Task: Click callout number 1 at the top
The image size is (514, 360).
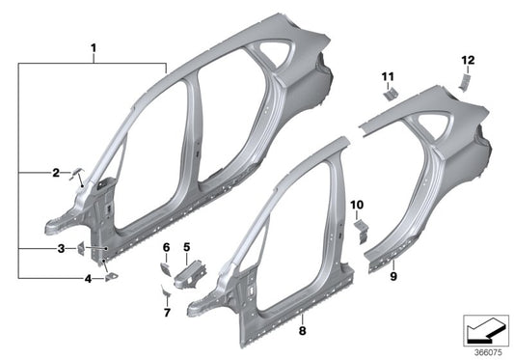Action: (94, 46)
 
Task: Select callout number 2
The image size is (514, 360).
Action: (56, 173)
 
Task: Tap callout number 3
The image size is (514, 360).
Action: (60, 249)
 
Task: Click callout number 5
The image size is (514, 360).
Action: (187, 247)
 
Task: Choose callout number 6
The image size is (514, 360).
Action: (165, 247)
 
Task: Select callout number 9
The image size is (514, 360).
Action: (392, 277)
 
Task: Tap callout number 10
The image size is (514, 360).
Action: (355, 205)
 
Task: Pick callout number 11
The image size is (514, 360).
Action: (388, 74)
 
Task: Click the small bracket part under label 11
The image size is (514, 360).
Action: (392, 93)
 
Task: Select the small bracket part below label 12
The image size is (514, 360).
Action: (463, 81)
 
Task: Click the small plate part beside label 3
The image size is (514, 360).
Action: (82, 250)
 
